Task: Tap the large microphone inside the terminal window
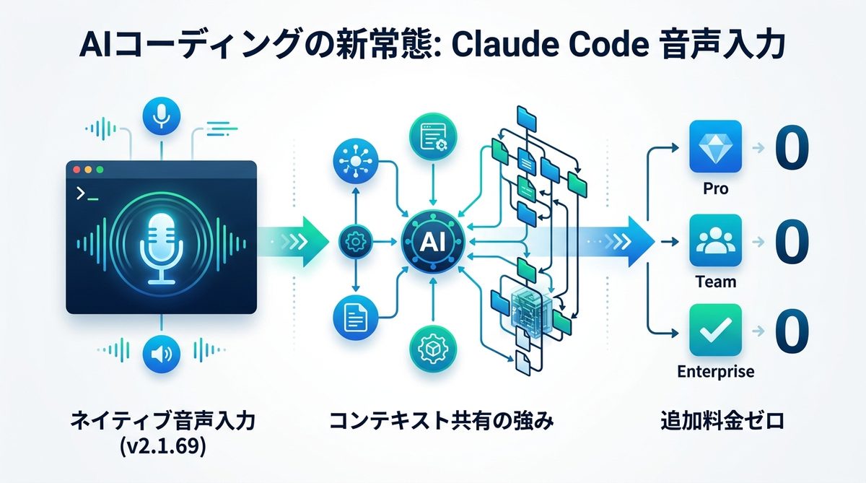pyautogui.click(x=162, y=241)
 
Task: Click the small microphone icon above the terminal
pyautogui.click(x=162, y=116)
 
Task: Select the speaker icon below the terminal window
pyautogui.click(x=162, y=354)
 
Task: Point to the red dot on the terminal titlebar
pyautogui.click(x=75, y=170)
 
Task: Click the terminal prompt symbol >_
pyautogui.click(x=86, y=193)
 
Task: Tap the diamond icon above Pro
pyautogui.click(x=716, y=147)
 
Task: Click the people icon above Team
pyautogui.click(x=716, y=240)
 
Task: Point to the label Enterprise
pyautogui.click(x=716, y=372)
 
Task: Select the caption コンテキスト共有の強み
pyautogui.click(x=442, y=421)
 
